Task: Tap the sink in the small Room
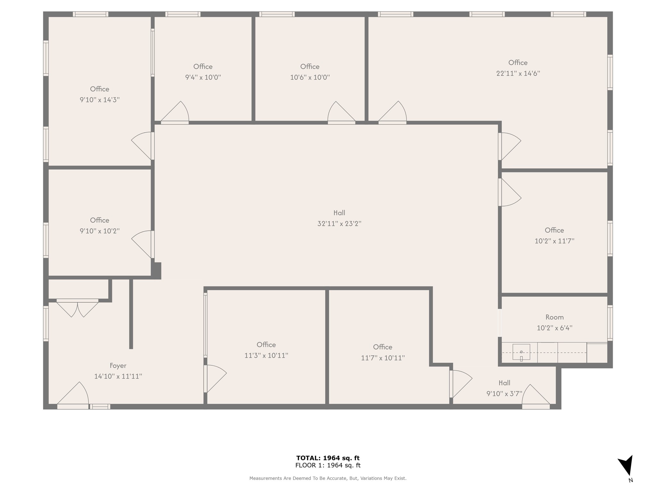pyautogui.click(x=521, y=352)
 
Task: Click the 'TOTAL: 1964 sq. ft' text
pyautogui.click(x=328, y=458)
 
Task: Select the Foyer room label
pyautogui.click(x=118, y=365)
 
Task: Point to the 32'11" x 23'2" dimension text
pyautogui.click(x=339, y=224)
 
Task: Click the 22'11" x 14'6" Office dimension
pyautogui.click(x=518, y=73)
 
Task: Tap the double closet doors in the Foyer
pyautogui.click(x=78, y=308)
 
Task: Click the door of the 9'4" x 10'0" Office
pyautogui.click(x=175, y=112)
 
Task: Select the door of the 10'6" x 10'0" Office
pyautogui.click(x=341, y=112)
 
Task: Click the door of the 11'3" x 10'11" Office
pyautogui.click(x=215, y=379)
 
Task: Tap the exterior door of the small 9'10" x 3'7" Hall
pyautogui.click(x=536, y=397)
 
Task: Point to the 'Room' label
pyautogui.click(x=554, y=317)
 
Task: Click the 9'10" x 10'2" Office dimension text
pyautogui.click(x=100, y=231)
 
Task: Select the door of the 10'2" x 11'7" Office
pyautogui.click(x=510, y=192)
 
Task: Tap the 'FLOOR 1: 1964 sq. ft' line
pyautogui.click(x=328, y=465)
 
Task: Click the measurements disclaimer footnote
pyautogui.click(x=328, y=478)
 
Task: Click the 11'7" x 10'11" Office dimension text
pyautogui.click(x=383, y=358)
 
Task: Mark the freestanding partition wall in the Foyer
pyautogui.click(x=131, y=314)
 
